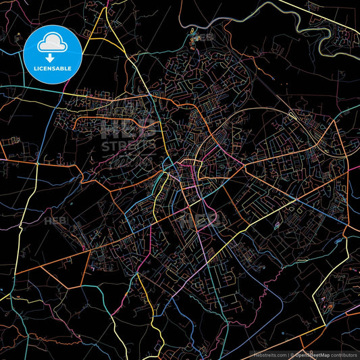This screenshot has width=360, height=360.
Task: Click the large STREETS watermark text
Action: [x=128, y=145]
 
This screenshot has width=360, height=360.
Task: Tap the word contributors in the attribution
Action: [x=342, y=355]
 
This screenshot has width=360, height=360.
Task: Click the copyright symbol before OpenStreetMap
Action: [x=292, y=355]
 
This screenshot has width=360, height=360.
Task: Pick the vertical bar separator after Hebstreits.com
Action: [x=288, y=355]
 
